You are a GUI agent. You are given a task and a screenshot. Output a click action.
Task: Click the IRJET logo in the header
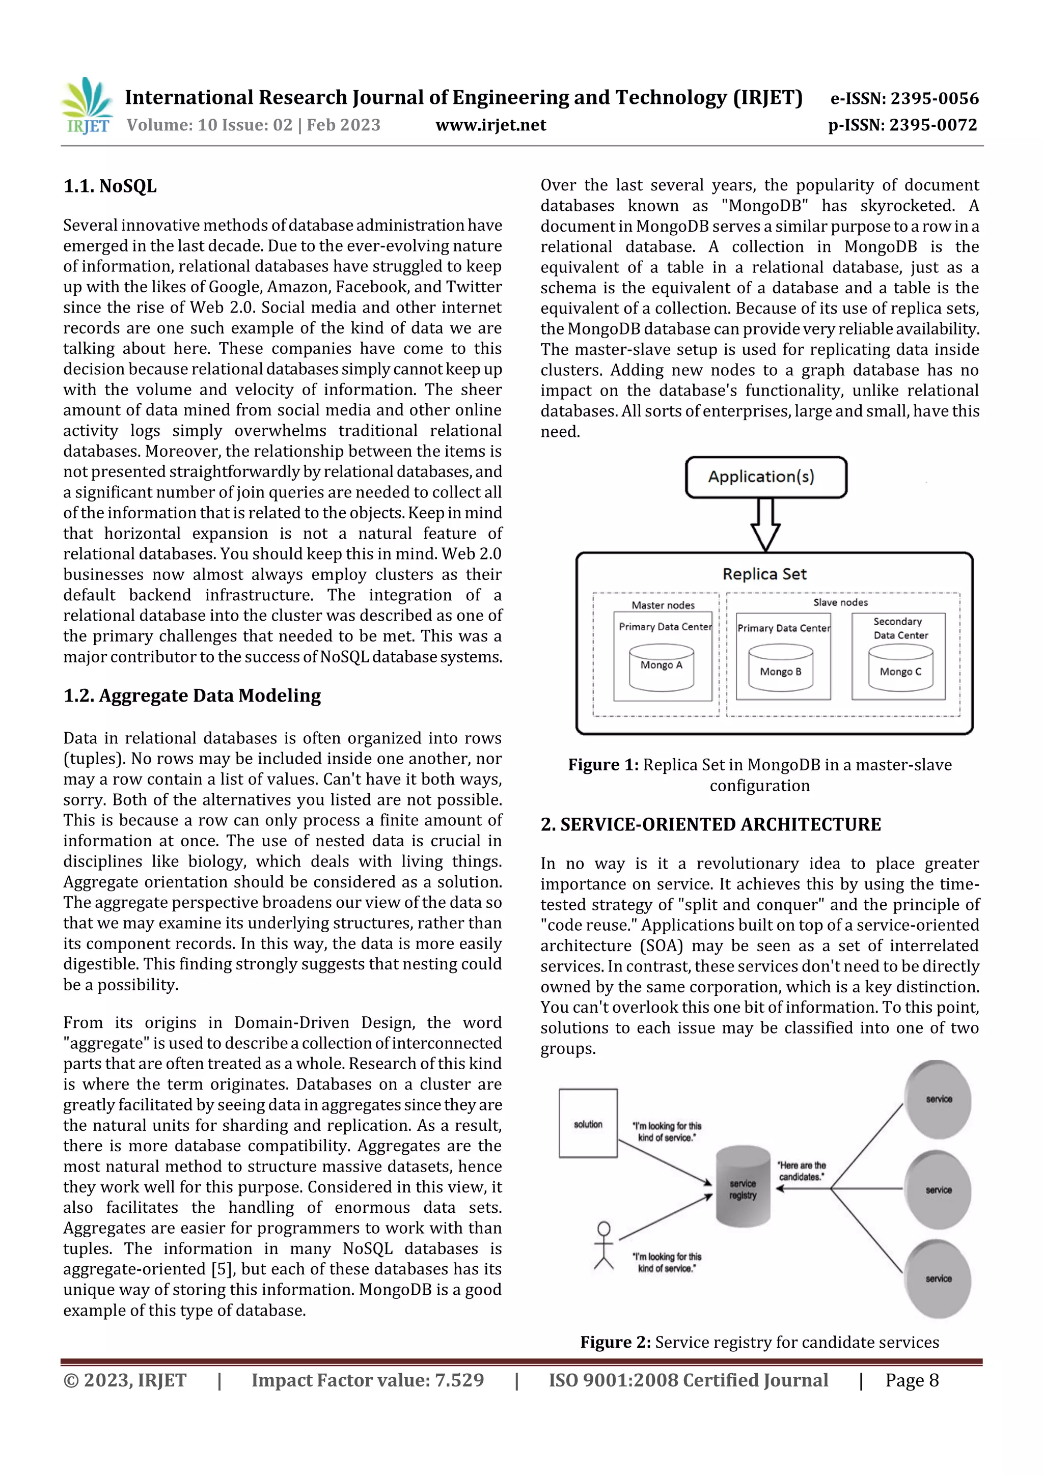(87, 106)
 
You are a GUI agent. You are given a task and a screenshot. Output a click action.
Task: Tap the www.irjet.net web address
(490, 125)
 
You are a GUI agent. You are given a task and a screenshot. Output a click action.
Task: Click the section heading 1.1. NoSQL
(110, 186)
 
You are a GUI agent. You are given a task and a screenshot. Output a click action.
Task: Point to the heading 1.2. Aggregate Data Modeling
(192, 695)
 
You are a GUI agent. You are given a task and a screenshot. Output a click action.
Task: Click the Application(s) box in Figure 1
(765, 477)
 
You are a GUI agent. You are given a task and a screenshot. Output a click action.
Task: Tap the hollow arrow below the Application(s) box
(765, 523)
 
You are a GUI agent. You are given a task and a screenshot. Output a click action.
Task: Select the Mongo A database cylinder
(661, 668)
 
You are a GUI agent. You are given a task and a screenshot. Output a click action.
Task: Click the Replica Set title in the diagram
(764, 574)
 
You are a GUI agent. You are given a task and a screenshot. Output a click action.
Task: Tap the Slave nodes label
(840, 602)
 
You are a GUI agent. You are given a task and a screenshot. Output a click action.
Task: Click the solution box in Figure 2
(588, 1124)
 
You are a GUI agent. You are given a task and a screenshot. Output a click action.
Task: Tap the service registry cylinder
(743, 1186)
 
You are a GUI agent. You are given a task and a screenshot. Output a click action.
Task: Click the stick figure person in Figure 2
(603, 1245)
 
